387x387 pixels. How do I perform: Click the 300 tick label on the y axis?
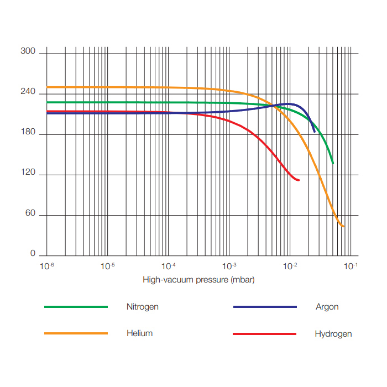coord(28,52)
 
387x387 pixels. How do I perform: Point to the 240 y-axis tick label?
coord(28,92)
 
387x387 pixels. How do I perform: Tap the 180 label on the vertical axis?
coord(28,133)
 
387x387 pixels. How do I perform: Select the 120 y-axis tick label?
coord(28,173)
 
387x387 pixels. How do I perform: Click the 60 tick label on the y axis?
coord(30,213)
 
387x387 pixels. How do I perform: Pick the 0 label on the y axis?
coord(33,254)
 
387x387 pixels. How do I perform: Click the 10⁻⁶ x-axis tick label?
coord(47,266)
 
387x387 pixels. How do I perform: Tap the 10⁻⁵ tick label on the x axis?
coord(108,266)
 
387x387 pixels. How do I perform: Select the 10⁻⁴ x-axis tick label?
coord(169,266)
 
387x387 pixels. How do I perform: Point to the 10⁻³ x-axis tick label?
coord(229,266)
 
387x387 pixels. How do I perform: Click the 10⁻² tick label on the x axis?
coord(290,266)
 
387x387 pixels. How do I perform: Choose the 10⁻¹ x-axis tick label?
coord(351,266)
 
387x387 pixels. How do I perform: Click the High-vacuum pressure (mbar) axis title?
coord(198,280)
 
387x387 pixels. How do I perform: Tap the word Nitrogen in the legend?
coord(142,307)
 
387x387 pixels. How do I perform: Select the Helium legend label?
coord(139,333)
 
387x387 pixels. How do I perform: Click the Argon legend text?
coord(327,307)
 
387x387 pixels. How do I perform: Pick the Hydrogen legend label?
coord(333,334)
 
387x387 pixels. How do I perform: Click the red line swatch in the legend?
coord(265,334)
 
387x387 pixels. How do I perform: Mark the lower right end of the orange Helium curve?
coord(344,227)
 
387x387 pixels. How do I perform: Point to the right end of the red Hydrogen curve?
coord(299,180)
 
